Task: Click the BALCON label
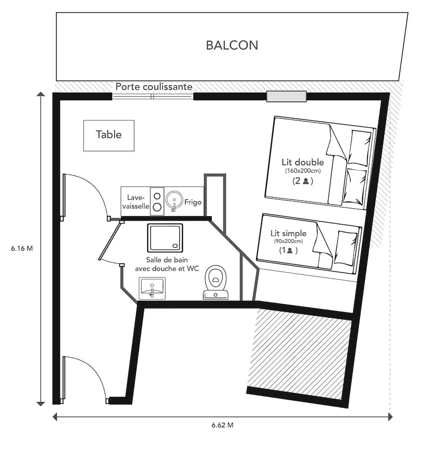tap(232, 45)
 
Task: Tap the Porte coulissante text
tap(154, 87)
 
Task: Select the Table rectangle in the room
tap(109, 135)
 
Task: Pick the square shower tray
tap(165, 237)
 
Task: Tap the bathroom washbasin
tap(152, 288)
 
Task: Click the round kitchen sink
tap(174, 199)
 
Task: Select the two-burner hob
tap(157, 201)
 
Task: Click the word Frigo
tap(193, 202)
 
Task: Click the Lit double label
tap(303, 162)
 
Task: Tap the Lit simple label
tap(288, 234)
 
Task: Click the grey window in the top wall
tap(287, 97)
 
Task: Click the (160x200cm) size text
tap(303, 171)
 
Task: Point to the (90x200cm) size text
tap(288, 241)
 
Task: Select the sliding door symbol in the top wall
tap(153, 97)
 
